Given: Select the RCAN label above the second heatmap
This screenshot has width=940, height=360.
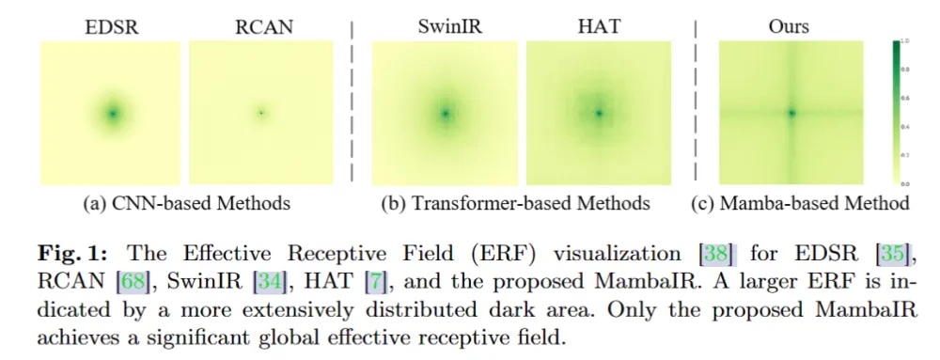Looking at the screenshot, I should coord(259,27).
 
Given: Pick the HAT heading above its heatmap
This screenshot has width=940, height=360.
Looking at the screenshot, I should coord(599,27).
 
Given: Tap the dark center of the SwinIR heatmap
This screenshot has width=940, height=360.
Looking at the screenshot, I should coord(445,114).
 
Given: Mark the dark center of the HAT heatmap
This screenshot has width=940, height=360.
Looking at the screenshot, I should coord(599,114).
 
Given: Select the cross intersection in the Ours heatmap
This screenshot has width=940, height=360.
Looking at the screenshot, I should coord(791,113).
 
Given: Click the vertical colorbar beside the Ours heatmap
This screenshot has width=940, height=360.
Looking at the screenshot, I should coord(898,113).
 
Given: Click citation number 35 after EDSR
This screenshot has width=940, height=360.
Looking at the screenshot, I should coord(889,253).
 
